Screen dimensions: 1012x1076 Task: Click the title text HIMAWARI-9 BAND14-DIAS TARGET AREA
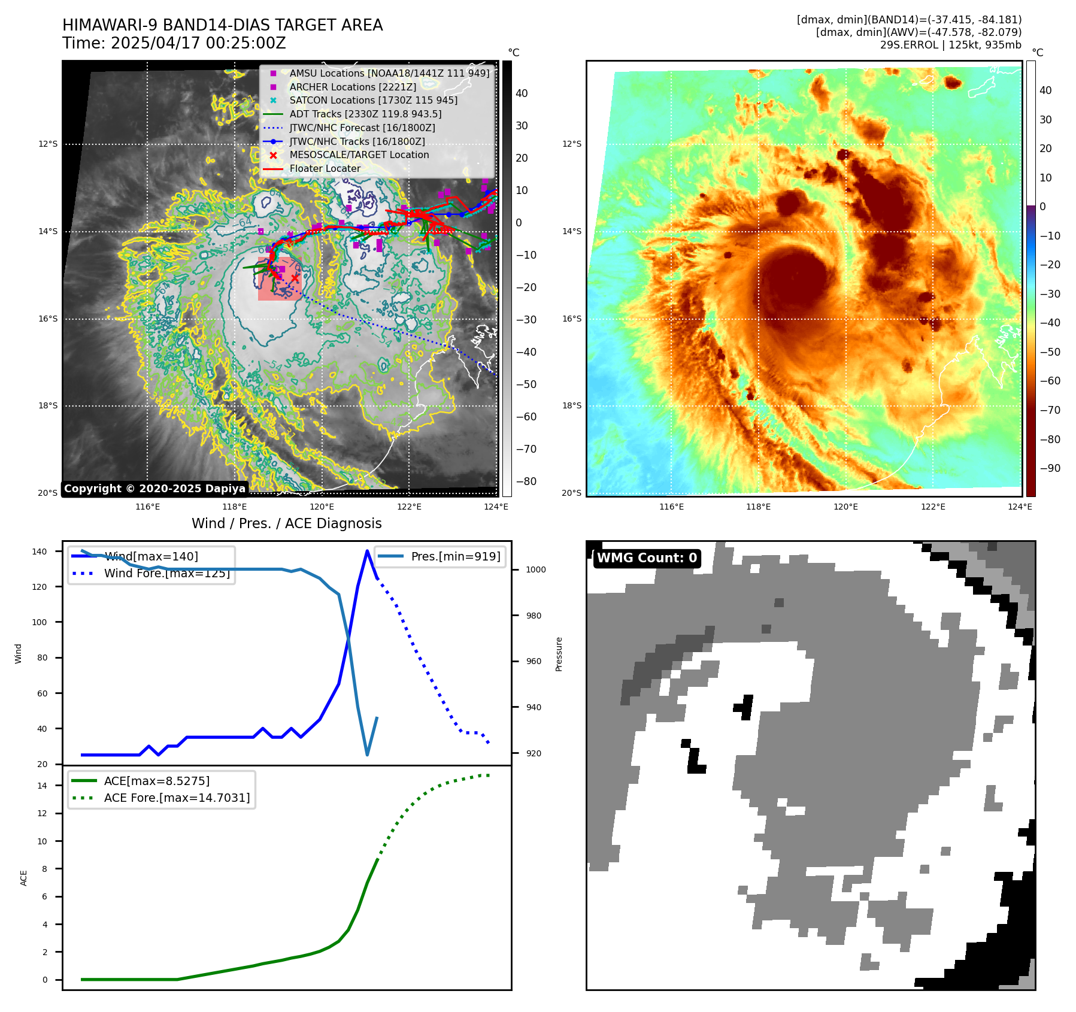222,26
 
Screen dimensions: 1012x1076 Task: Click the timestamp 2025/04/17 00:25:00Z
198,44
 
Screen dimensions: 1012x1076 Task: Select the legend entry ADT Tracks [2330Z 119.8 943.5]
365,114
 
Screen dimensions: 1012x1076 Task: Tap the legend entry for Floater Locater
325,168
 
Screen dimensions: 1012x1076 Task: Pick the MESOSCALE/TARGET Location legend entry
359,154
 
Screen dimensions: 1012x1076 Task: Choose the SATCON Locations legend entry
373,100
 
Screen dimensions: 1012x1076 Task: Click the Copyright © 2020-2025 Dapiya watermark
154,489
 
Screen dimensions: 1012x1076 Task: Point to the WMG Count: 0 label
647,558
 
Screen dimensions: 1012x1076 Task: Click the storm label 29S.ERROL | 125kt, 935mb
950,45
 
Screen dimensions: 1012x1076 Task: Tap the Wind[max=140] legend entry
151,556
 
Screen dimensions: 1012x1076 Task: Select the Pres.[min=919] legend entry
455,556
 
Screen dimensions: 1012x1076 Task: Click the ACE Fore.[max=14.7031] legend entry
177,798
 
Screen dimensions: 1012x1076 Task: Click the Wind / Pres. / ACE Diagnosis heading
286,523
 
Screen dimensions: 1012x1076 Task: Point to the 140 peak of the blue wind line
367,551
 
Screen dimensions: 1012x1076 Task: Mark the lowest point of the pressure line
367,755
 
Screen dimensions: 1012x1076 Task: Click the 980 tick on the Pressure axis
535,616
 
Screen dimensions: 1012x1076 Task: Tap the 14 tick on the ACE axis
42,786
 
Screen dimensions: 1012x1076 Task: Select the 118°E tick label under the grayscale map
235,507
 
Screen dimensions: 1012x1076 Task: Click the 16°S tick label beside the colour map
571,319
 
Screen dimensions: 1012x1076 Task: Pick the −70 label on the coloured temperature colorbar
1050,410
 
